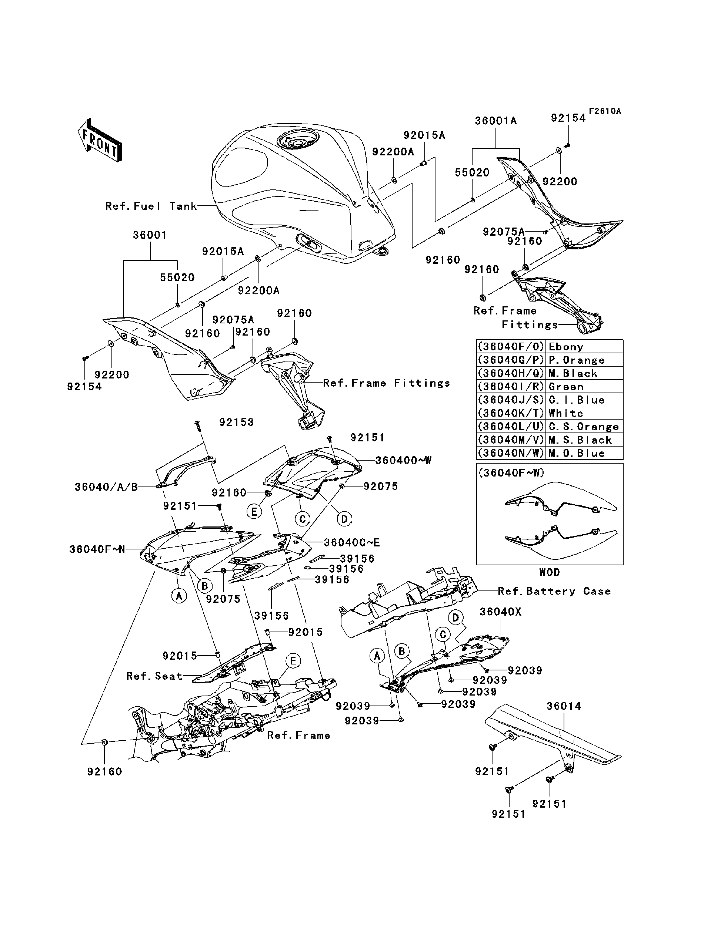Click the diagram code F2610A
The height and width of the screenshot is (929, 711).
click(605, 111)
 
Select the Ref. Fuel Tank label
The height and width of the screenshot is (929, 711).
click(151, 206)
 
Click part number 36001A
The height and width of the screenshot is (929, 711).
click(495, 121)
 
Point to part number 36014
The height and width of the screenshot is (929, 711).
click(564, 706)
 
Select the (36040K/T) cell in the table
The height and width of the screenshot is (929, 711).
click(511, 413)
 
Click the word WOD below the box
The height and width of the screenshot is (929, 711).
click(549, 573)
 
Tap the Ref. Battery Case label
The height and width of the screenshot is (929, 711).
click(554, 591)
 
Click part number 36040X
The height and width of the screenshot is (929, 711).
click(500, 612)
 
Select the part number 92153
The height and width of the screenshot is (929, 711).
click(236, 423)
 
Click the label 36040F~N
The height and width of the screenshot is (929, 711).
click(97, 549)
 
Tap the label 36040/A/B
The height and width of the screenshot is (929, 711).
click(106, 487)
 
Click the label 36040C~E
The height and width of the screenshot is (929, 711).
click(352, 542)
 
